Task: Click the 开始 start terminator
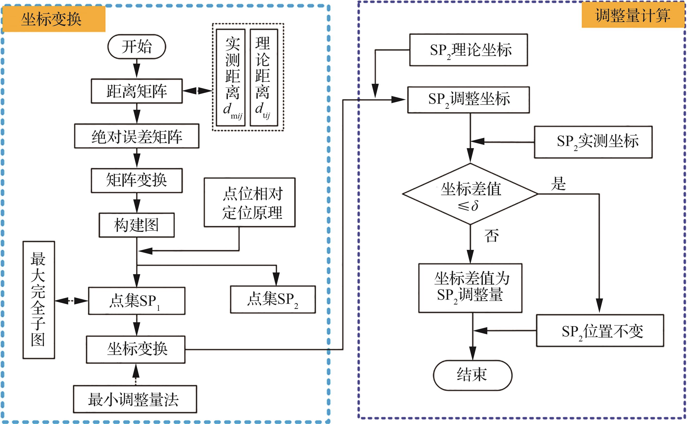pos(137,47)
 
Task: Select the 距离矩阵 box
pos(137,91)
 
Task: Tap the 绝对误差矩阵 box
pos(137,136)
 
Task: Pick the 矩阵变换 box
pos(137,180)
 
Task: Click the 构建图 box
pos(137,225)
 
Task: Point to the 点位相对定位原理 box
pos(250,203)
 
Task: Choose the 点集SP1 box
pos(137,301)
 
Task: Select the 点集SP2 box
pos(273,299)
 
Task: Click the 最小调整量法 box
pos(135,399)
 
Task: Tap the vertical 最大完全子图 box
pos(39,300)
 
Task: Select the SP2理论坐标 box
pos(469,50)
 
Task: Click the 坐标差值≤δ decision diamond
pos(470,194)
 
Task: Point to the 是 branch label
pos(558,184)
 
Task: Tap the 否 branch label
pos(491,236)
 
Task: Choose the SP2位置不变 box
pos(600,331)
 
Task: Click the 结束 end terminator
pos(472,375)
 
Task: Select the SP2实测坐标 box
pos(593,142)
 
